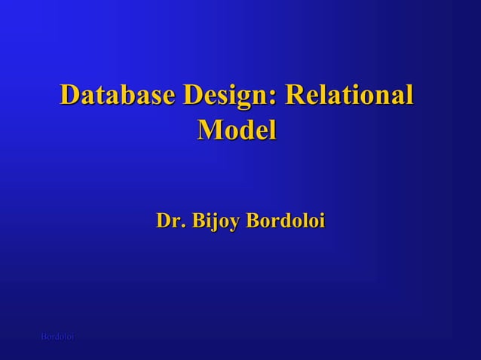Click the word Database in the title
click(117, 96)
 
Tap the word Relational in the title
click(351, 96)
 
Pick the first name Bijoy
click(216, 222)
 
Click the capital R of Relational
click(298, 96)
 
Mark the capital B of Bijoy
click(200, 221)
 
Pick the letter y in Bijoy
click(236, 224)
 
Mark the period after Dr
click(182, 227)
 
